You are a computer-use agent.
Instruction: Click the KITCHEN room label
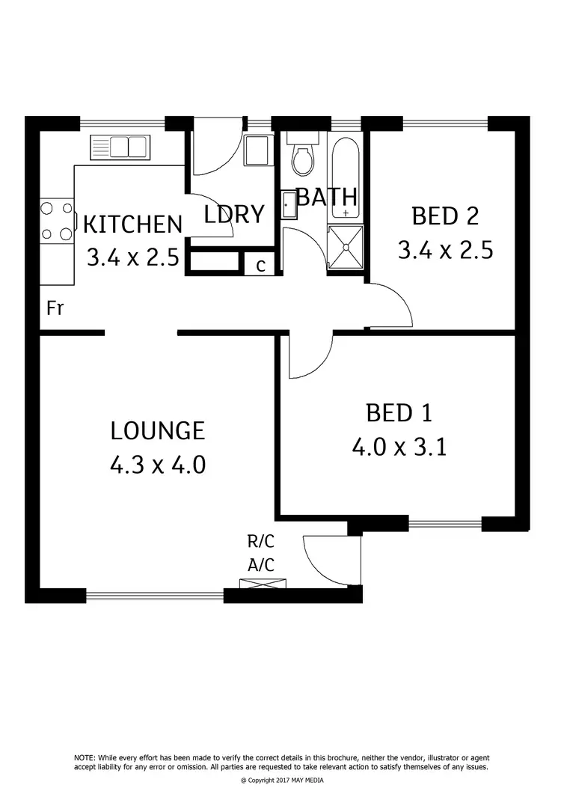pyautogui.click(x=132, y=224)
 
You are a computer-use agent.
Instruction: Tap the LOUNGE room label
pyautogui.click(x=157, y=430)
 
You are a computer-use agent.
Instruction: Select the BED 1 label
pyautogui.click(x=399, y=412)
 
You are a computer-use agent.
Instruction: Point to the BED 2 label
pyautogui.click(x=445, y=216)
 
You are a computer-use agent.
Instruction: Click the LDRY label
pyautogui.click(x=235, y=214)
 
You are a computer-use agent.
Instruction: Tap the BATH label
pyautogui.click(x=327, y=197)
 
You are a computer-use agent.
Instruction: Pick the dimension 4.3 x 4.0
pyautogui.click(x=157, y=465)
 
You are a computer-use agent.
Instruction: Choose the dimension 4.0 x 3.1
pyautogui.click(x=399, y=447)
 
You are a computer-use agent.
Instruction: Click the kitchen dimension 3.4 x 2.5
pyautogui.click(x=132, y=258)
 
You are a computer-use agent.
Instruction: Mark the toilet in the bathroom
pyautogui.click(x=303, y=156)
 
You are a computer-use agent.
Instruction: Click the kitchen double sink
pyautogui.click(x=120, y=147)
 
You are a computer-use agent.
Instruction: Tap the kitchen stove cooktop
pyautogui.click(x=58, y=221)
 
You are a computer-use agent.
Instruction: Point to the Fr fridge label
pyautogui.click(x=55, y=308)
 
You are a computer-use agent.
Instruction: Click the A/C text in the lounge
pyautogui.click(x=260, y=566)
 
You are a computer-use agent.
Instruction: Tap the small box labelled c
pyautogui.click(x=260, y=265)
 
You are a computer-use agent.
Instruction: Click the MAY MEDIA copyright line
pyautogui.click(x=280, y=780)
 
